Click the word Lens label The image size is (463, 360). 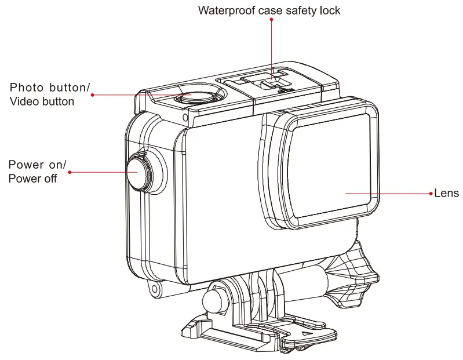(447, 193)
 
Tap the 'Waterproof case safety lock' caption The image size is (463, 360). (269, 10)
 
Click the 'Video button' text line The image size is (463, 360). (41, 101)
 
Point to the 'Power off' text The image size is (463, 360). (32, 179)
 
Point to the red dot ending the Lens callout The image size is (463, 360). (431, 193)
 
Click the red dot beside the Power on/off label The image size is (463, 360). (70, 172)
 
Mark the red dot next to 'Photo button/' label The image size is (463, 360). (93, 94)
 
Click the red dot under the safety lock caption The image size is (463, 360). (271, 20)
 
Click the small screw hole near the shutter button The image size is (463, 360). (184, 118)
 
